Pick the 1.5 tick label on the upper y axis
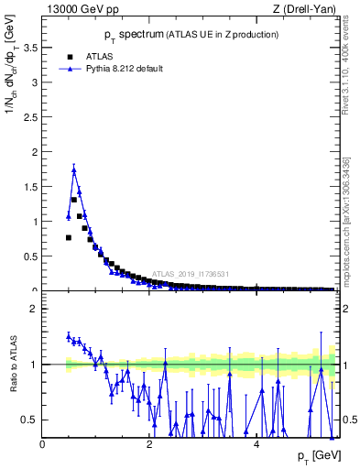coord(32,186)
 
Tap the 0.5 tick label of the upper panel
coord(32,256)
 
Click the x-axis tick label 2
coord(149,444)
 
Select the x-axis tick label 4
coord(256,444)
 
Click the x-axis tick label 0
coord(42,444)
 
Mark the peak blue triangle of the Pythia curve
coord(73,169)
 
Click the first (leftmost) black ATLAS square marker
coord(69,237)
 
